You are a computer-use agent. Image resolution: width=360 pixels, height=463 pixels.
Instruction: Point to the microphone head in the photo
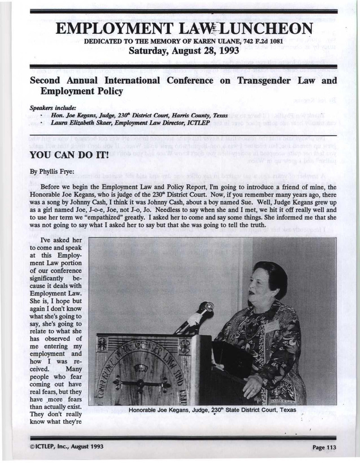(206, 307)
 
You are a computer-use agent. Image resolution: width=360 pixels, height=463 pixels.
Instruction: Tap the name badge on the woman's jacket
(272, 327)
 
